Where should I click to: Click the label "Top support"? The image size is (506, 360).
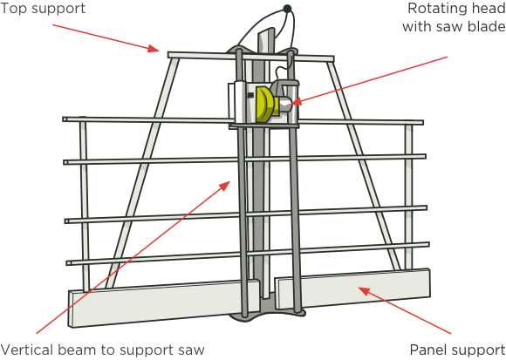click(43, 9)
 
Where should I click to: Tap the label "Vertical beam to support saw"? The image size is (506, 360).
click(102, 350)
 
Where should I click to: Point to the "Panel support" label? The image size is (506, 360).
click(458, 350)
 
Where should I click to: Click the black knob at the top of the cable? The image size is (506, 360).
click(287, 9)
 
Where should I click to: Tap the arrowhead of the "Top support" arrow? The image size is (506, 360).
click(154, 49)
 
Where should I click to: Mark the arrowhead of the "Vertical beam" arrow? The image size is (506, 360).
click(225, 186)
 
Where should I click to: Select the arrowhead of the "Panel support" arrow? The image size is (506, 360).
click(364, 290)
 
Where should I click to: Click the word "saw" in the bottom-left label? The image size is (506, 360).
click(191, 350)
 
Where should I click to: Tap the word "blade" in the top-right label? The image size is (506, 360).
click(486, 26)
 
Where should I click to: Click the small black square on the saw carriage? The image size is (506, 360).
click(250, 95)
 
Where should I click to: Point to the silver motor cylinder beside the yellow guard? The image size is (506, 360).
click(285, 105)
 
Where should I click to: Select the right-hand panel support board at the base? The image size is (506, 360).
click(352, 289)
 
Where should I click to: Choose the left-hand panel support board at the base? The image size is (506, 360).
click(164, 303)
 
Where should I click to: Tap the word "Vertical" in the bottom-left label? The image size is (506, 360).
click(26, 350)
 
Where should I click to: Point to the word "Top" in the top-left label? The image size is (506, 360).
click(13, 9)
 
